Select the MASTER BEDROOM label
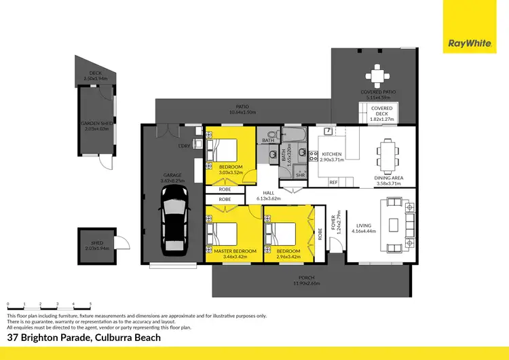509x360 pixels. [235, 251]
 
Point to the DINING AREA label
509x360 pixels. [388, 179]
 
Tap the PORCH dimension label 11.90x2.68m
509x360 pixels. [312, 283]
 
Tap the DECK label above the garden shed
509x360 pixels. [95, 75]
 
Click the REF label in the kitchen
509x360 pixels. [333, 182]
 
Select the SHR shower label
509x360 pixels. [300, 175]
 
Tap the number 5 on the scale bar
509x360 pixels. [90, 303]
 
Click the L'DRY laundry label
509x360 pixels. [183, 146]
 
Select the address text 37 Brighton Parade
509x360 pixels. [54, 338]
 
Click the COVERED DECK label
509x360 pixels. [381, 111]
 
